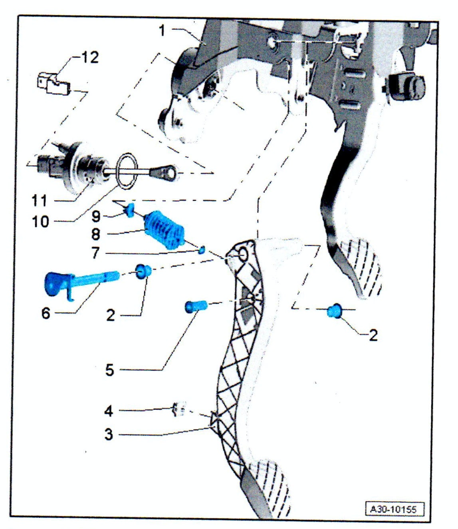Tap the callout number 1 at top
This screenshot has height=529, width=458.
point(162,30)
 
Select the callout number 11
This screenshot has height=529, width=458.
point(40,200)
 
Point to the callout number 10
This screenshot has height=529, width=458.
point(40,221)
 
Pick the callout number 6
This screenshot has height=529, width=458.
point(46,313)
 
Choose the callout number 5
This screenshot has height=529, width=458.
point(109,370)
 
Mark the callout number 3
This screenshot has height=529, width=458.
point(109,434)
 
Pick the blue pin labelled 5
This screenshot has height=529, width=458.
point(195,307)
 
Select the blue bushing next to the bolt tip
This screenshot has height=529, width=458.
point(143,272)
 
